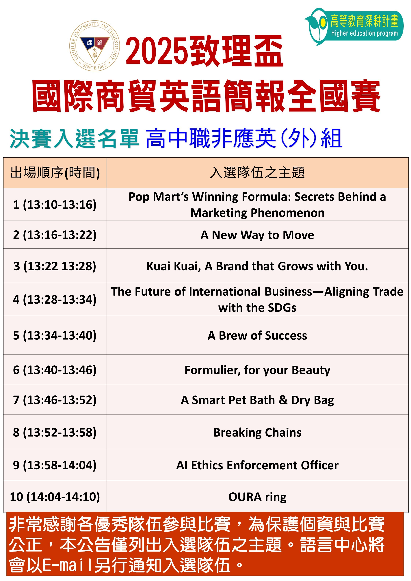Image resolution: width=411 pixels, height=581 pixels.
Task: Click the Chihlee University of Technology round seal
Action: click(95, 46)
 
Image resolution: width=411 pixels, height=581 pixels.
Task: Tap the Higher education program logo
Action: click(354, 26)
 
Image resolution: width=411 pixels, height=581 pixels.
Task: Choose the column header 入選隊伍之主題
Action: click(257, 173)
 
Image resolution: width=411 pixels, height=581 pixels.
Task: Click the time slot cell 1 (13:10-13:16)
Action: click(55, 204)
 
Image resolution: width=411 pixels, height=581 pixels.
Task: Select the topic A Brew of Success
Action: click(257, 336)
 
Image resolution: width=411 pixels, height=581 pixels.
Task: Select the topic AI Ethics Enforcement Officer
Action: click(257, 465)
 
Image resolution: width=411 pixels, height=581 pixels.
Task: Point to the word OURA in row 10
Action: click(245, 497)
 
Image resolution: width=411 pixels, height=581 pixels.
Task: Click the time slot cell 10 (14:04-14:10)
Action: click(55, 497)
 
